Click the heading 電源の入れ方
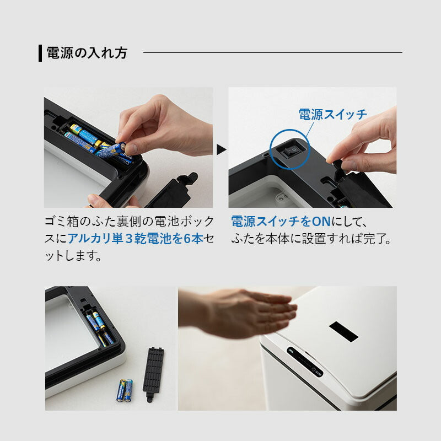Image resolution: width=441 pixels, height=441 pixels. [87, 53]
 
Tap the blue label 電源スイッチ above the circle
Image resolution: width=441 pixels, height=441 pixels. [333, 115]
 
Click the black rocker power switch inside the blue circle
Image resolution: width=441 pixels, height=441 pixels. [290, 152]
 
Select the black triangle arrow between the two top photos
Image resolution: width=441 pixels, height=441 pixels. [222, 149]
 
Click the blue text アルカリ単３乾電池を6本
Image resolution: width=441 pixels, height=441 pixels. [135, 239]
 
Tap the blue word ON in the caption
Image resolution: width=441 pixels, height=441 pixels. [321, 222]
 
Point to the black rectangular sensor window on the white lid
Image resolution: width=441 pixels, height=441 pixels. [343, 332]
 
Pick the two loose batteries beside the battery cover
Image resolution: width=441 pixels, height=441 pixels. [125, 390]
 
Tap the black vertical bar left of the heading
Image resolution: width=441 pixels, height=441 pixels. [40, 53]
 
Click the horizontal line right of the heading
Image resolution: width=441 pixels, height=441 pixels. [273, 52]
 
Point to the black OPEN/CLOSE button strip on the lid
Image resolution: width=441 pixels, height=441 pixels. [305, 362]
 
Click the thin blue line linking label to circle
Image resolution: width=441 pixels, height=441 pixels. [309, 129]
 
